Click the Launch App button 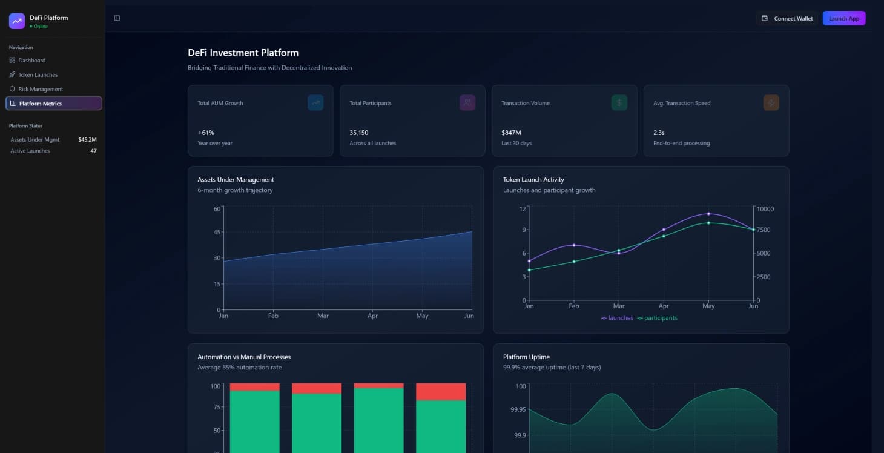click(843, 18)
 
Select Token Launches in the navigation click(38, 74)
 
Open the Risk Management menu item click(40, 89)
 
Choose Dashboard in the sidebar click(31, 61)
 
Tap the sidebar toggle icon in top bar click(117, 18)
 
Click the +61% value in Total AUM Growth click(206, 133)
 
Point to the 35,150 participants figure click(358, 133)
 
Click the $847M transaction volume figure click(511, 133)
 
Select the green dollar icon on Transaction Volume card click(619, 103)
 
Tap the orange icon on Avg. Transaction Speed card click(771, 103)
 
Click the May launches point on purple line click(708, 214)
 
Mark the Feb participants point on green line click(574, 262)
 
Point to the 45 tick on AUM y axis click(217, 232)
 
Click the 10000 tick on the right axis click(765, 209)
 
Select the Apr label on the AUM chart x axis click(372, 316)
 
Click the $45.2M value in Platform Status click(87, 140)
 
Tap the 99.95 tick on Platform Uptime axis click(518, 409)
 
